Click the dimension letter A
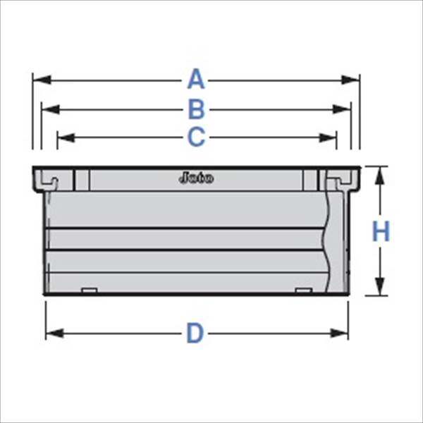pos(196,80)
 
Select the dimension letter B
pos(196,109)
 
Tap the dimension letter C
pos(196,137)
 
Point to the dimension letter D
pos(195,333)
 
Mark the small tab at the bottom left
pos(89,291)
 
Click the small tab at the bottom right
pos(302,291)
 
